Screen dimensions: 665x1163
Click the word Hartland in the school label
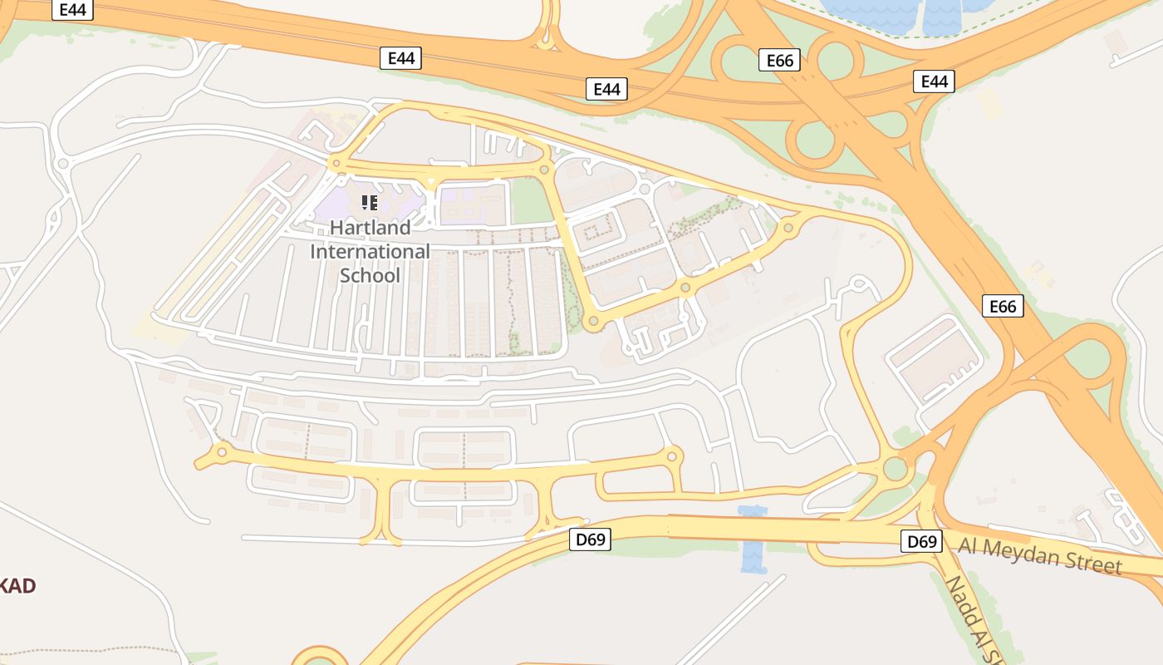[370, 228]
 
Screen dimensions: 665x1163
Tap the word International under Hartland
[370, 251]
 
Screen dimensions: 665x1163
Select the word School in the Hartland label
[370, 275]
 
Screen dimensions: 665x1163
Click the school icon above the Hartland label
[370, 202]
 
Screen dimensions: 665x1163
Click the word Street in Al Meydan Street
[1095, 564]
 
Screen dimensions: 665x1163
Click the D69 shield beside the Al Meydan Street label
[921, 542]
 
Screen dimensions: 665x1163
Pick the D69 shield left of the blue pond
[591, 539]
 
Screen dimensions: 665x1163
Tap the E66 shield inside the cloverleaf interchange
[779, 60]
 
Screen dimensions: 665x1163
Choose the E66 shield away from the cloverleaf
[1003, 306]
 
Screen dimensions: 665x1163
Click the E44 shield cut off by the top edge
[73, 9]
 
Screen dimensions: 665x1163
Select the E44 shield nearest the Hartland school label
[401, 58]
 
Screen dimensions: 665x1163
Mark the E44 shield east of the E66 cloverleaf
[934, 81]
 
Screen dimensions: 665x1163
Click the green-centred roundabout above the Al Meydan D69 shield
[895, 469]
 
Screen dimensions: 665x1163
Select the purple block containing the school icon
[366, 204]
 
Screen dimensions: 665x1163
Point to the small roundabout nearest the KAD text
[221, 452]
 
